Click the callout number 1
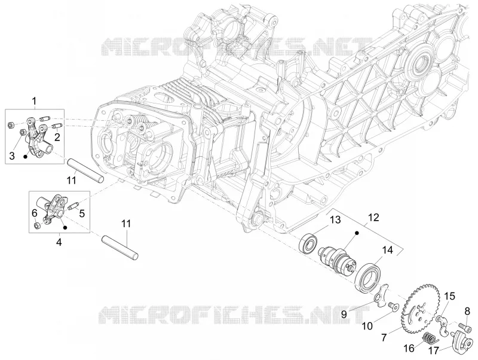[35, 100]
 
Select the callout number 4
[59, 243]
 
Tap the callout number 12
[373, 218]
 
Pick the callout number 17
[433, 351]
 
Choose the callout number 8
[467, 311]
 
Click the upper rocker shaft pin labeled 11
[85, 170]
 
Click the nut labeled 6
[36, 226]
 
